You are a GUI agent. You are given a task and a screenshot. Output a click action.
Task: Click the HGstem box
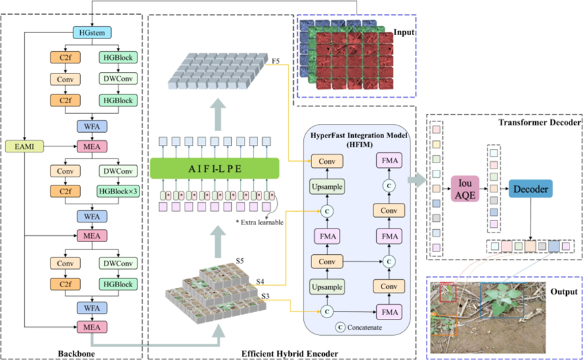[x=92, y=32]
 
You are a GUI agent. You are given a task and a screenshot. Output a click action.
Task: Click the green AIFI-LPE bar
[x=214, y=167]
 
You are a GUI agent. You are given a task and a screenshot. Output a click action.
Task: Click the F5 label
[x=276, y=61]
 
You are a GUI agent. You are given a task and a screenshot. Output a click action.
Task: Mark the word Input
[x=404, y=32]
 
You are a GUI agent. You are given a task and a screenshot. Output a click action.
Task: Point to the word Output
[x=561, y=292]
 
